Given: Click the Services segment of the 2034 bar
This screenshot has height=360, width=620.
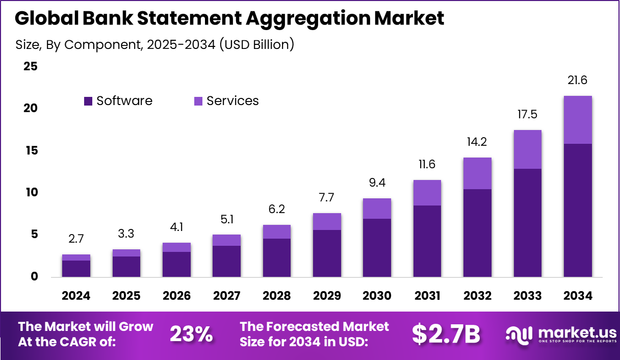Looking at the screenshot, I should point(578,120).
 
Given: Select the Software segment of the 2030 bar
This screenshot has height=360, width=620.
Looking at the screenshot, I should point(377,248).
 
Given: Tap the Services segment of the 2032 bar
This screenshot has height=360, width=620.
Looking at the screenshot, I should point(478,173).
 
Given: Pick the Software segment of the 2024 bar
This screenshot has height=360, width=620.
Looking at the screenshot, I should point(76,269).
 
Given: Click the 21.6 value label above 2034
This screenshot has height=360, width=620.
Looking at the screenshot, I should point(578,80).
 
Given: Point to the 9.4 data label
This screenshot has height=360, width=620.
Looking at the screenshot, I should point(377,183).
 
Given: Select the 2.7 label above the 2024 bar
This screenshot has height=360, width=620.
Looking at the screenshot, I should point(76,239).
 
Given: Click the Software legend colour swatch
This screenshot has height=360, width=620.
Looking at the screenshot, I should point(88,101).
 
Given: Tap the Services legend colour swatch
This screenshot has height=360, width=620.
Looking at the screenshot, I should point(198,101).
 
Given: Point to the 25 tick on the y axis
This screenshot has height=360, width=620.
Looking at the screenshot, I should point(31,66).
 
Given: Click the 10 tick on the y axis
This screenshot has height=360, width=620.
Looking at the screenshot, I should point(31,192).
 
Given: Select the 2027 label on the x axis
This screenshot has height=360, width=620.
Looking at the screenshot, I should point(227,296).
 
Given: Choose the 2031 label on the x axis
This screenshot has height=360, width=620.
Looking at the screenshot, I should point(427,296).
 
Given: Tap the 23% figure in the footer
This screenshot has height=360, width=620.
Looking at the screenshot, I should point(191,334).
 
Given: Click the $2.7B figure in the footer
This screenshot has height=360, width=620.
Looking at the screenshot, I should point(446,334).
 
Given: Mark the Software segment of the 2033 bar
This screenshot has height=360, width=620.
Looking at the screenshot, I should point(528,223).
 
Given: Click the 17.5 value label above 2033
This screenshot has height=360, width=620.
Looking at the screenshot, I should point(528,115).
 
